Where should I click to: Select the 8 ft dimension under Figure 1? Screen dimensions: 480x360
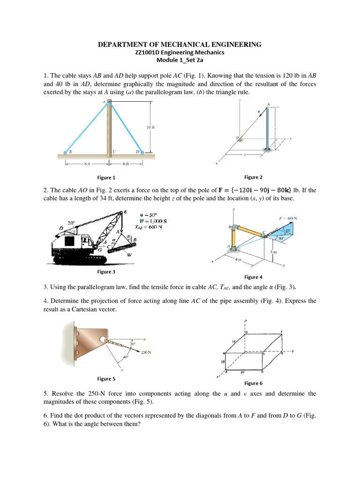coord(87,164)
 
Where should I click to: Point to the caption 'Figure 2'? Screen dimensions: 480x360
coord(254,177)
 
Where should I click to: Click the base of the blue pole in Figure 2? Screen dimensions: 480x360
coord(268,150)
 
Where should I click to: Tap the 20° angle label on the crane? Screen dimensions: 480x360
coord(71,223)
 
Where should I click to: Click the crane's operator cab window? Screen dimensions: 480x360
coord(69,241)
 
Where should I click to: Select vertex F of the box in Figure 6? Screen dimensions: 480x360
coord(282,331)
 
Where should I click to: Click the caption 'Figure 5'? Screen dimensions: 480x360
coord(106,379)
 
